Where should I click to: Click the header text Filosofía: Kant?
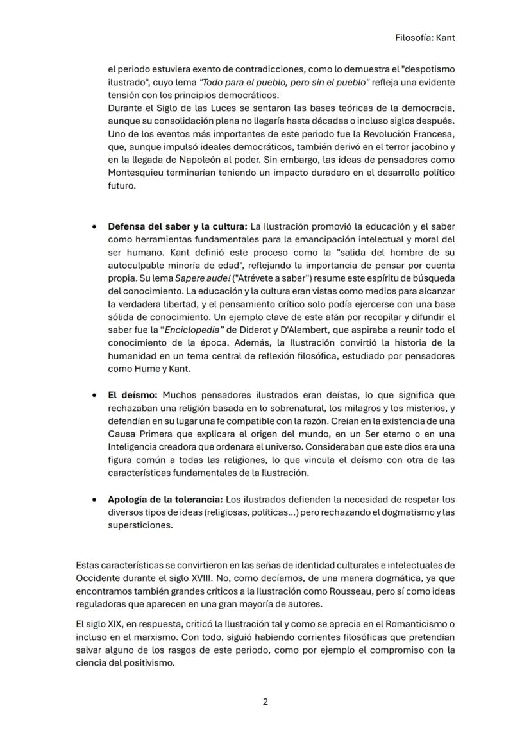pyautogui.click(x=425, y=38)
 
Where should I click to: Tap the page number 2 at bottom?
pyautogui.click(x=265, y=702)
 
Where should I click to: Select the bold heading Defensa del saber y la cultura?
pyautogui.click(x=178, y=227)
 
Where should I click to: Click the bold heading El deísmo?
pyautogui.click(x=133, y=396)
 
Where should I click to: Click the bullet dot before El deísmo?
pyautogui.click(x=95, y=396)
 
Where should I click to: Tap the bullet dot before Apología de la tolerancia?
pyautogui.click(x=95, y=500)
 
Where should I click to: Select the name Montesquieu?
pyautogui.click(x=139, y=174)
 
